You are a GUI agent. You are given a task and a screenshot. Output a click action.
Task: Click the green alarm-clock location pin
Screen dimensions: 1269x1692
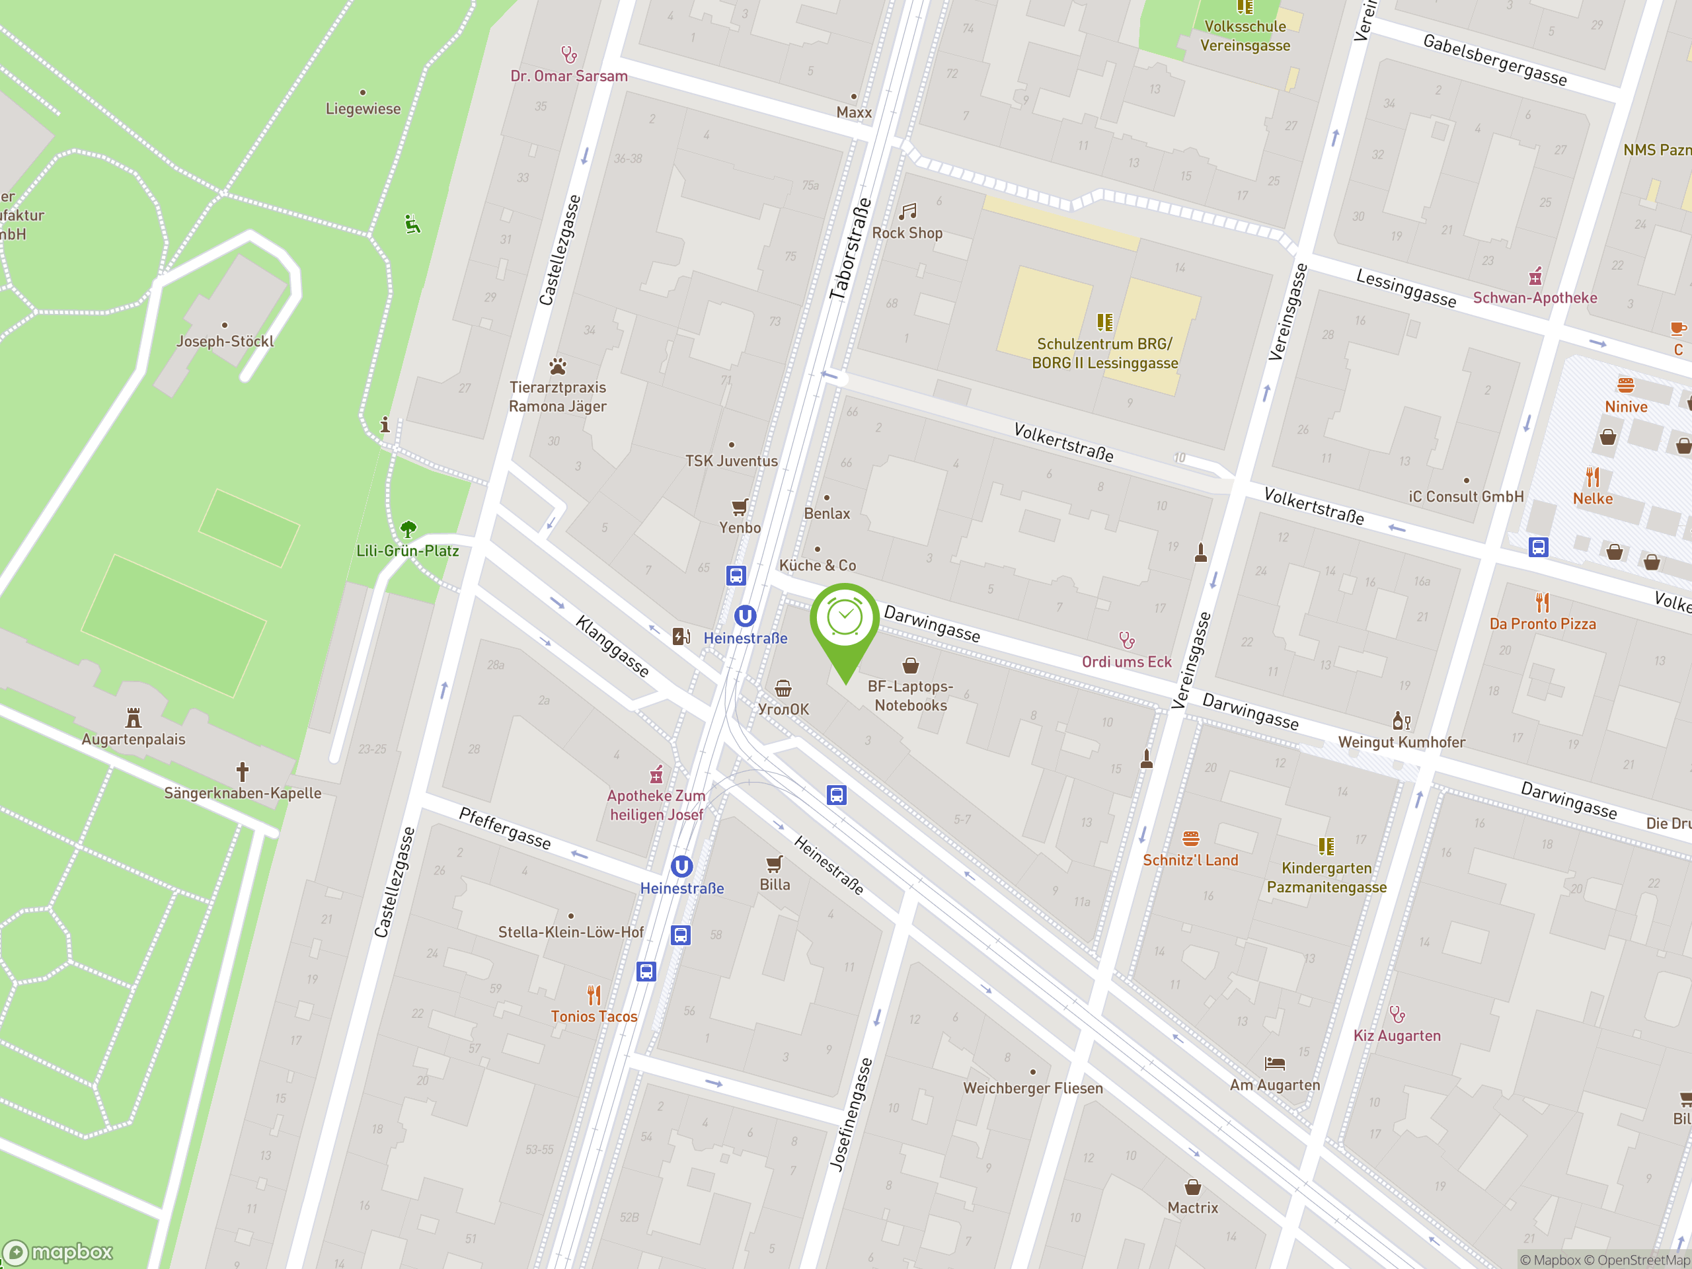coord(845,619)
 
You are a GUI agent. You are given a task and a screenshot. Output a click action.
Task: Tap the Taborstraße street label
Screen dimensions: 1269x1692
coord(851,249)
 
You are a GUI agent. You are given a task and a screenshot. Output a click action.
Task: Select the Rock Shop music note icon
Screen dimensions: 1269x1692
coord(908,211)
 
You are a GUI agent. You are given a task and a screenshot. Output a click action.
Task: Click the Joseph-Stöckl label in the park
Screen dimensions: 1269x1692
coord(225,341)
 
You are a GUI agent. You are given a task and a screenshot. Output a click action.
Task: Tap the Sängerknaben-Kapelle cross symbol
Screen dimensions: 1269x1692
coord(243,771)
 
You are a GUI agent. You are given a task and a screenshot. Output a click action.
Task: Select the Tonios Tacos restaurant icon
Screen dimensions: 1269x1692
coord(594,995)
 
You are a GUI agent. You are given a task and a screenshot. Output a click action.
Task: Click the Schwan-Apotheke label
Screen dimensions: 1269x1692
coord(1535,297)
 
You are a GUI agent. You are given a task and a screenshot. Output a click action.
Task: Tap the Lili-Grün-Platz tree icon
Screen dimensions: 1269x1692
coord(408,529)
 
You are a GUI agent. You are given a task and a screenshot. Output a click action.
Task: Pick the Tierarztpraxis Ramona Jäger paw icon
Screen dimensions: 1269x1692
coord(558,366)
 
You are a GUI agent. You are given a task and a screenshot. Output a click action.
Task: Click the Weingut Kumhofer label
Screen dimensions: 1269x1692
coord(1401,742)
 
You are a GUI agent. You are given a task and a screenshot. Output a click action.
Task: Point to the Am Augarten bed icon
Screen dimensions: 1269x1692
coord(1274,1063)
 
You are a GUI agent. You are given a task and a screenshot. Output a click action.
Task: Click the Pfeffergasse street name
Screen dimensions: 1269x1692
coord(505,828)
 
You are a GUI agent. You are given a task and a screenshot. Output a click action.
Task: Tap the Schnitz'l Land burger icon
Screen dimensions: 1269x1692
coord(1190,838)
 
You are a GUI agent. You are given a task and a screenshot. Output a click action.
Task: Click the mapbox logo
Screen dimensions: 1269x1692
coord(58,1252)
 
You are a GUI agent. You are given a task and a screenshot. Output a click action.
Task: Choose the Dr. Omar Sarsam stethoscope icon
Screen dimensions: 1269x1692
coord(569,55)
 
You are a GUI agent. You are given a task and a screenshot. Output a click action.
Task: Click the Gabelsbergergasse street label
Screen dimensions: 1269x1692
coord(1494,59)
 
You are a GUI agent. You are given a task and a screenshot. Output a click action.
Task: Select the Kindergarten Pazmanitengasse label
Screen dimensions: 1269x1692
coord(1327,877)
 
